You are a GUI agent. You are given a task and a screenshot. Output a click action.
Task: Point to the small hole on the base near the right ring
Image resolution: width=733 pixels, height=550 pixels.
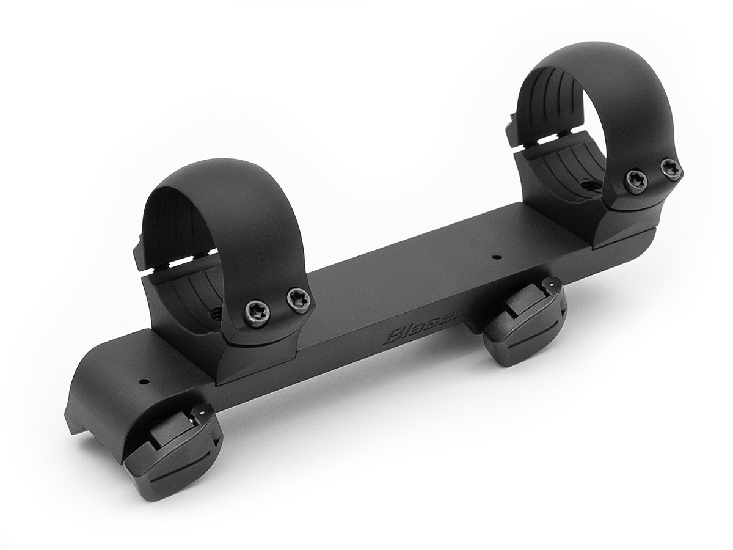[497, 257]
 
